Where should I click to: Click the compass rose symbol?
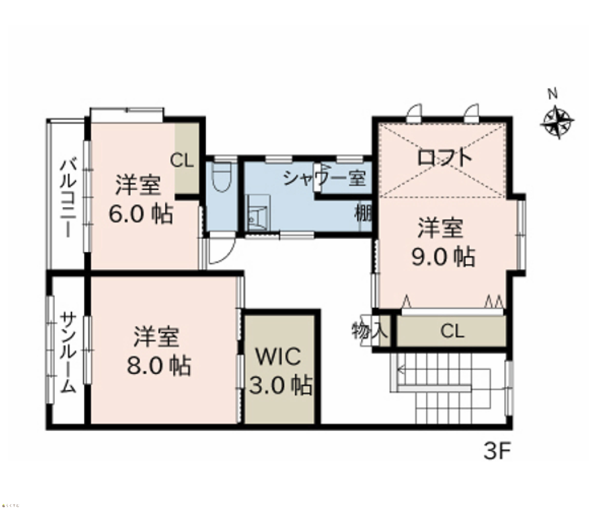(557, 122)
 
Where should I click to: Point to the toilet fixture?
(222, 177)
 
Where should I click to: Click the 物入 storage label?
(370, 331)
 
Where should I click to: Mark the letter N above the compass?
(553, 94)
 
